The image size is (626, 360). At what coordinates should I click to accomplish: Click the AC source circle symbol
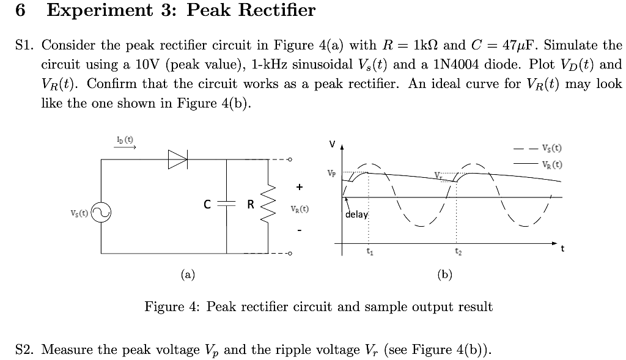coord(101,213)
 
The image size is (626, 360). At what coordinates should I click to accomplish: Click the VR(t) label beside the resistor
coord(299,208)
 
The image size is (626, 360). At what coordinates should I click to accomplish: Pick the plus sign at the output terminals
coord(299,186)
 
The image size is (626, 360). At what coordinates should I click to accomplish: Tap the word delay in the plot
coord(357,215)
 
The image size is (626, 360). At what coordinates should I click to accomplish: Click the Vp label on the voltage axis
coord(332,173)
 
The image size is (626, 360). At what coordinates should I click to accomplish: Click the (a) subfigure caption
coord(188,274)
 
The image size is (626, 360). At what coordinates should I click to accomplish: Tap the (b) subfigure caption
coord(444,274)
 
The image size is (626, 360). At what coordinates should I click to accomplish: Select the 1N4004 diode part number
coord(454,65)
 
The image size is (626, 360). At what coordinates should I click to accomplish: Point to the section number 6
coord(21,10)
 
